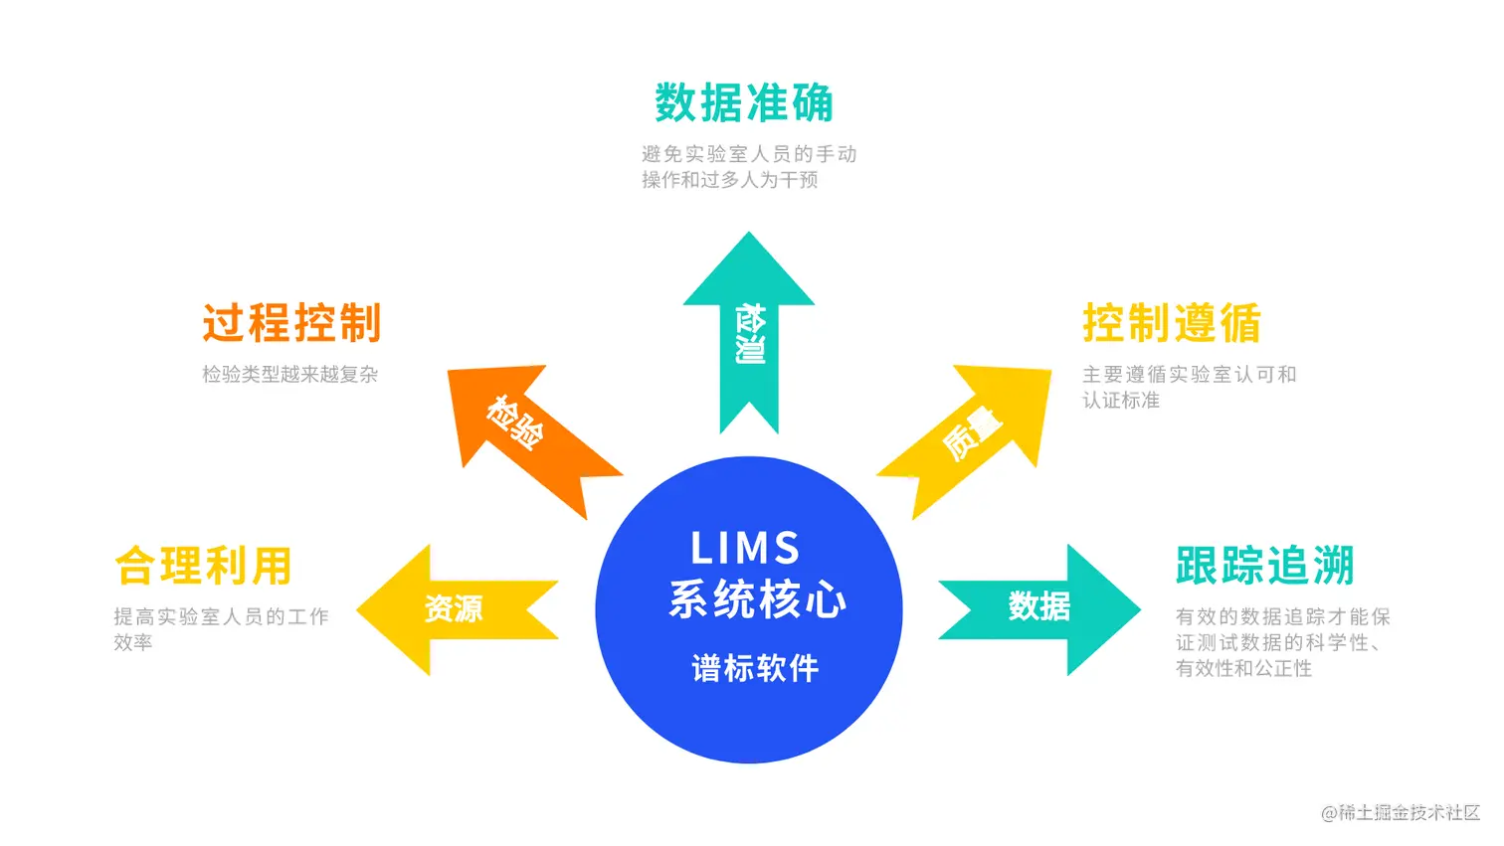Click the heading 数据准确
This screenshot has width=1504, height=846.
743,103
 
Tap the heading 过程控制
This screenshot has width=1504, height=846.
291,323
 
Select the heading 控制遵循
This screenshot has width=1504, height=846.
1172,323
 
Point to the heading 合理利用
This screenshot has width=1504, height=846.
204,566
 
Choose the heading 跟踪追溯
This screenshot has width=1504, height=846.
1264,566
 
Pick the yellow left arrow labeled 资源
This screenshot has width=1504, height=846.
454,608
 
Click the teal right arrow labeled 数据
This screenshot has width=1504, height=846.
1039,605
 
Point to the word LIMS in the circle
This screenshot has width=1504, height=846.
746,548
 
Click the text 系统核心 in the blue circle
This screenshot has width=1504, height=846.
757,599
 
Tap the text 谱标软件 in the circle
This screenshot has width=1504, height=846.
755,668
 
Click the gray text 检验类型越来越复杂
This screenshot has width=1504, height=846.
290,375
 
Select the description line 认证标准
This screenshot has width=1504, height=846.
1121,401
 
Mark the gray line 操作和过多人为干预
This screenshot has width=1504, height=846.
730,180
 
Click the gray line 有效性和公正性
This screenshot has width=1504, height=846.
1243,669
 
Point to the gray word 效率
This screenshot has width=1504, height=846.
133,643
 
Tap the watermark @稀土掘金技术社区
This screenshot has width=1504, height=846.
1400,813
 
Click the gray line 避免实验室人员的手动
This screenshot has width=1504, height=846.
749,154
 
